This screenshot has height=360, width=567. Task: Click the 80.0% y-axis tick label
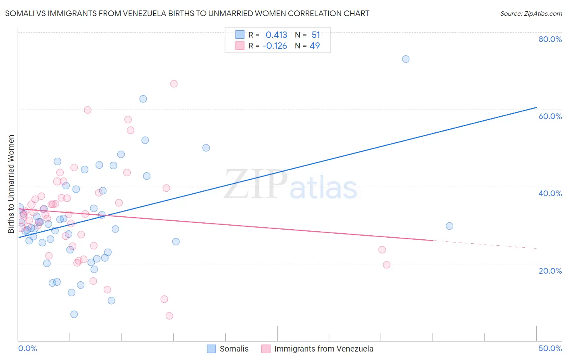click(550, 39)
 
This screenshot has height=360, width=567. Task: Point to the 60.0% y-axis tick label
click(550, 116)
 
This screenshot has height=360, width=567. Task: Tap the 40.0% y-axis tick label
click(550, 193)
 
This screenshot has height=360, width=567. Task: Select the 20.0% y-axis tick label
click(550, 270)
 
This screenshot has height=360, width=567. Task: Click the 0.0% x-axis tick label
click(27, 348)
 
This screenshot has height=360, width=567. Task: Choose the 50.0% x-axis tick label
click(550, 348)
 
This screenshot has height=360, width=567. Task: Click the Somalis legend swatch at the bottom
click(211, 349)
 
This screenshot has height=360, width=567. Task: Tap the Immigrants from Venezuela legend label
click(324, 349)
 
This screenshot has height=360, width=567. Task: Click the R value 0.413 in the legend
click(276, 35)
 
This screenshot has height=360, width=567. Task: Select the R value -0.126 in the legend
click(275, 46)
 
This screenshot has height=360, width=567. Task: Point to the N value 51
click(316, 35)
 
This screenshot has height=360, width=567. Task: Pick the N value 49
click(315, 46)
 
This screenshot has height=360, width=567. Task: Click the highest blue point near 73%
click(406, 59)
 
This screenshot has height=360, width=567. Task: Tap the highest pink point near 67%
click(174, 84)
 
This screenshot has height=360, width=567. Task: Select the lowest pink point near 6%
click(169, 316)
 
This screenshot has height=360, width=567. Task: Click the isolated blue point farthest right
click(450, 226)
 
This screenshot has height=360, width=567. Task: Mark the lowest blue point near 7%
click(74, 314)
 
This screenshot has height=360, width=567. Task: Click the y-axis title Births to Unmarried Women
click(11, 184)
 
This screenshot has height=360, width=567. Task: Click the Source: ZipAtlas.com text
click(531, 14)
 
